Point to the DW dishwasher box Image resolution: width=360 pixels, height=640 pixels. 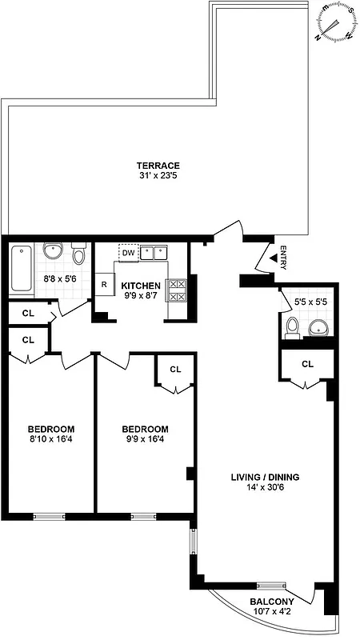(x=127, y=253)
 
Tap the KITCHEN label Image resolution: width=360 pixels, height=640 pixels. (x=141, y=286)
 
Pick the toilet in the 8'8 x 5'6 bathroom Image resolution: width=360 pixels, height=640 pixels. (x=78, y=254)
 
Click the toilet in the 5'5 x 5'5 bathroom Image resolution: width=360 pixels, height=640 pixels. (x=293, y=327)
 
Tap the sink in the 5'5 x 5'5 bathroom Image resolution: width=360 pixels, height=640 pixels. (x=318, y=327)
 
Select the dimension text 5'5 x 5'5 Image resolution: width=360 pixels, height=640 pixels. (x=311, y=303)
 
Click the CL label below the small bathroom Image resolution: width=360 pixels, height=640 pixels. (x=307, y=363)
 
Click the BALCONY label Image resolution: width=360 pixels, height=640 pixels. (x=270, y=602)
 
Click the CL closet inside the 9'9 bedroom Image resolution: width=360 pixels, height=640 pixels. (x=175, y=369)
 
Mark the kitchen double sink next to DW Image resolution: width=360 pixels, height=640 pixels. (x=155, y=253)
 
